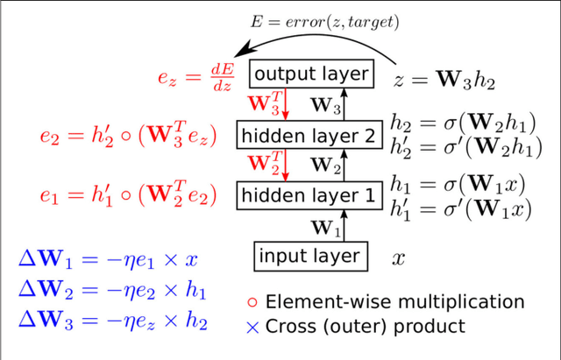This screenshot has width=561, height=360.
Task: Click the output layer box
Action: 310,73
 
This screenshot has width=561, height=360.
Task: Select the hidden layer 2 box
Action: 310,136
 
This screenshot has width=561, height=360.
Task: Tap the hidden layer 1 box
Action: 310,194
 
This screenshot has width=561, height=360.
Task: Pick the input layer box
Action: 309,256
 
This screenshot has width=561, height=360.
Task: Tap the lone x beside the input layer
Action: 398,258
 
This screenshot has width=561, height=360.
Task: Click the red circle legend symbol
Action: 254,303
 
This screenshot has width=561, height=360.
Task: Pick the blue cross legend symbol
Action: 253,327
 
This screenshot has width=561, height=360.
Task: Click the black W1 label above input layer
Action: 326,228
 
